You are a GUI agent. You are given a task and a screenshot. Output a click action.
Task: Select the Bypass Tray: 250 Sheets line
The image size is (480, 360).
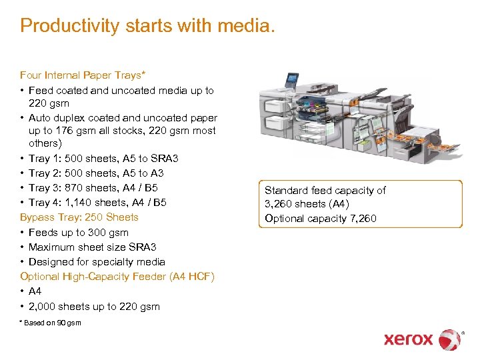79,217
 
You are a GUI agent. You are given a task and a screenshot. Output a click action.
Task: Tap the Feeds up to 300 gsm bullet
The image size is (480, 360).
79,233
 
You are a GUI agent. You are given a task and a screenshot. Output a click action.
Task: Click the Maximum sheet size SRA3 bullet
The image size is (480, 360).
93,247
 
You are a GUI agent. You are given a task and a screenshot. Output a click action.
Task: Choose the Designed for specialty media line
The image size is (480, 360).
97,262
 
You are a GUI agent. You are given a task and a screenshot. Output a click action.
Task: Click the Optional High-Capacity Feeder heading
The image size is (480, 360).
117,277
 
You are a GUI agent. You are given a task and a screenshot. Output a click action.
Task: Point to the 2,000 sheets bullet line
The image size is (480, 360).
94,307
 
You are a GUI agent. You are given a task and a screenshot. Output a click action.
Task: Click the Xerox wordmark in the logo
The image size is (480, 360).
408,339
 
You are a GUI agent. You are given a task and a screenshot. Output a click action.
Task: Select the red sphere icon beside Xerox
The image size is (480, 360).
449,339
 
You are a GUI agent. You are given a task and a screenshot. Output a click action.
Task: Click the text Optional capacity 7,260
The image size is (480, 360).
320,219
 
